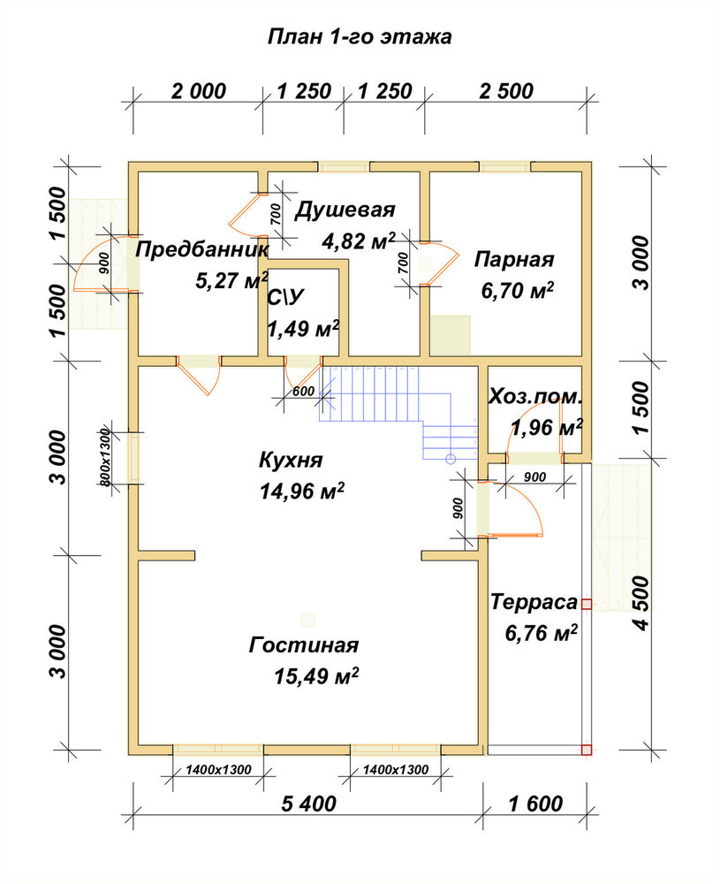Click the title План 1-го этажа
(x=359, y=36)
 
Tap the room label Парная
(x=514, y=260)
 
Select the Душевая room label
(x=345, y=210)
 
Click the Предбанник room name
(x=202, y=249)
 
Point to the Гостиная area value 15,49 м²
(x=316, y=675)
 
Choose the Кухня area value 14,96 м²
(x=302, y=491)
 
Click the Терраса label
(x=534, y=602)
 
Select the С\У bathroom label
(x=285, y=298)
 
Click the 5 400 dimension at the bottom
(x=308, y=804)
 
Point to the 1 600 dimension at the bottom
(x=535, y=804)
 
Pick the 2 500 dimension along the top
(x=506, y=91)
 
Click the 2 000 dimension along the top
(x=199, y=91)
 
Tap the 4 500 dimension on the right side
(x=641, y=603)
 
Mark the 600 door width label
(x=304, y=392)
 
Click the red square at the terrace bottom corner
(x=587, y=750)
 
